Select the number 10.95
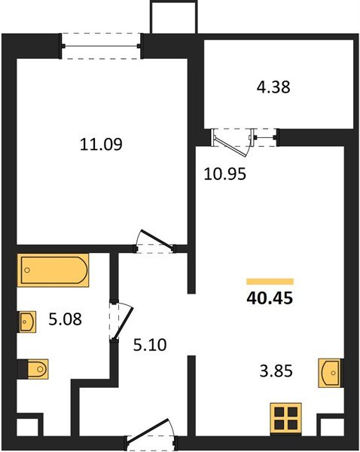tap(225, 175)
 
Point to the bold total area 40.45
tap(270, 298)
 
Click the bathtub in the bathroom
tap(53, 270)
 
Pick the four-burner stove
tap(285, 418)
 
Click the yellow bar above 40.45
tap(270, 280)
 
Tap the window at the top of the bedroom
tap(102, 45)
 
